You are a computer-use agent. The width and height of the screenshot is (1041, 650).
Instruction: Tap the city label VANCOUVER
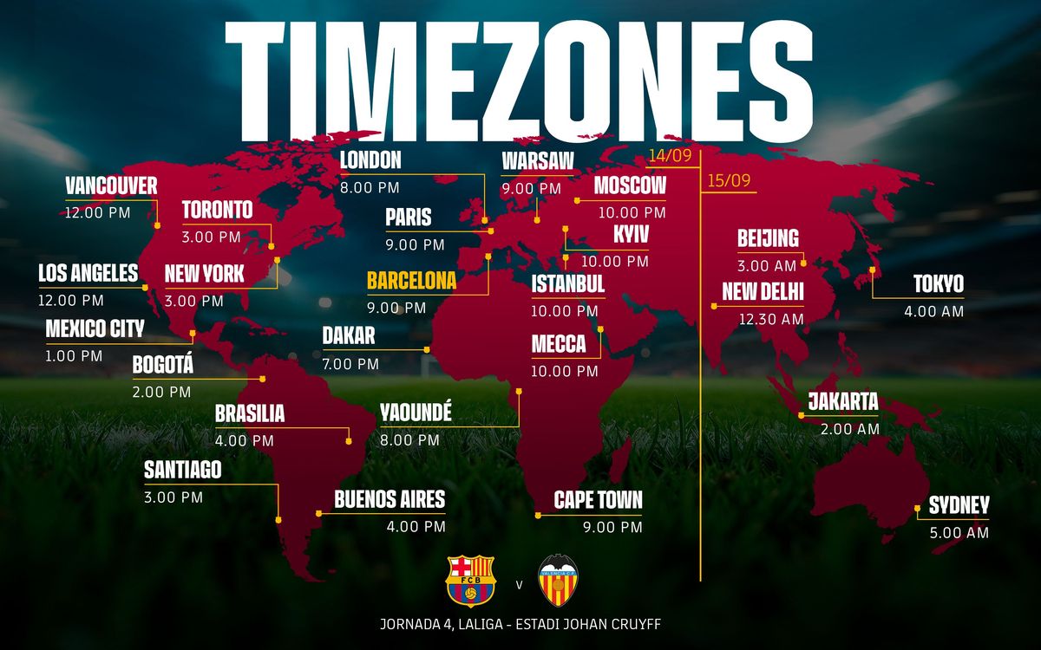(111, 186)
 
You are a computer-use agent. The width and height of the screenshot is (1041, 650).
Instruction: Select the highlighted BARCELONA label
(411, 281)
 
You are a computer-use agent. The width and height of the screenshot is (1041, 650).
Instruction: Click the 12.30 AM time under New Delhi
(771, 318)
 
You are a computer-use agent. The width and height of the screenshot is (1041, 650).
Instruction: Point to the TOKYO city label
(938, 284)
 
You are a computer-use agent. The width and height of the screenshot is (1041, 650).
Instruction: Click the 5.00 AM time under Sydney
(959, 533)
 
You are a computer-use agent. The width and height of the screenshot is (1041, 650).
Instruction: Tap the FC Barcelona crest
(469, 581)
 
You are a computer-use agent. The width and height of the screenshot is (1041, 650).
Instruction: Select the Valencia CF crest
(558, 581)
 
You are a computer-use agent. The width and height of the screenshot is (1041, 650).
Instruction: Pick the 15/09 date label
(729, 182)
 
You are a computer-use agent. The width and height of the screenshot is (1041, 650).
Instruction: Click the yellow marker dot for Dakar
(427, 350)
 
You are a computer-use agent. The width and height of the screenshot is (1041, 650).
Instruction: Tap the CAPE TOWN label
(598, 500)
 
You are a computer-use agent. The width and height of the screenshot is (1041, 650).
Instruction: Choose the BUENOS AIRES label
(390, 499)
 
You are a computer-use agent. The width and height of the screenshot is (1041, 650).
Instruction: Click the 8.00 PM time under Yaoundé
(409, 439)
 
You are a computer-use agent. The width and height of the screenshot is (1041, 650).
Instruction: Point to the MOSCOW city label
(630, 185)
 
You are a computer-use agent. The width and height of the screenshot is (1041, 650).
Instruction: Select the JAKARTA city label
(843, 402)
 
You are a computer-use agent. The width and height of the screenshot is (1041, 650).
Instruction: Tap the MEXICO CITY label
(95, 329)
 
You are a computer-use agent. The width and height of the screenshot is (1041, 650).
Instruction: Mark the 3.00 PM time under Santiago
(173, 497)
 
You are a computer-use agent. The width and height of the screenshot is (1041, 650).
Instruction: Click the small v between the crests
(519, 584)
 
